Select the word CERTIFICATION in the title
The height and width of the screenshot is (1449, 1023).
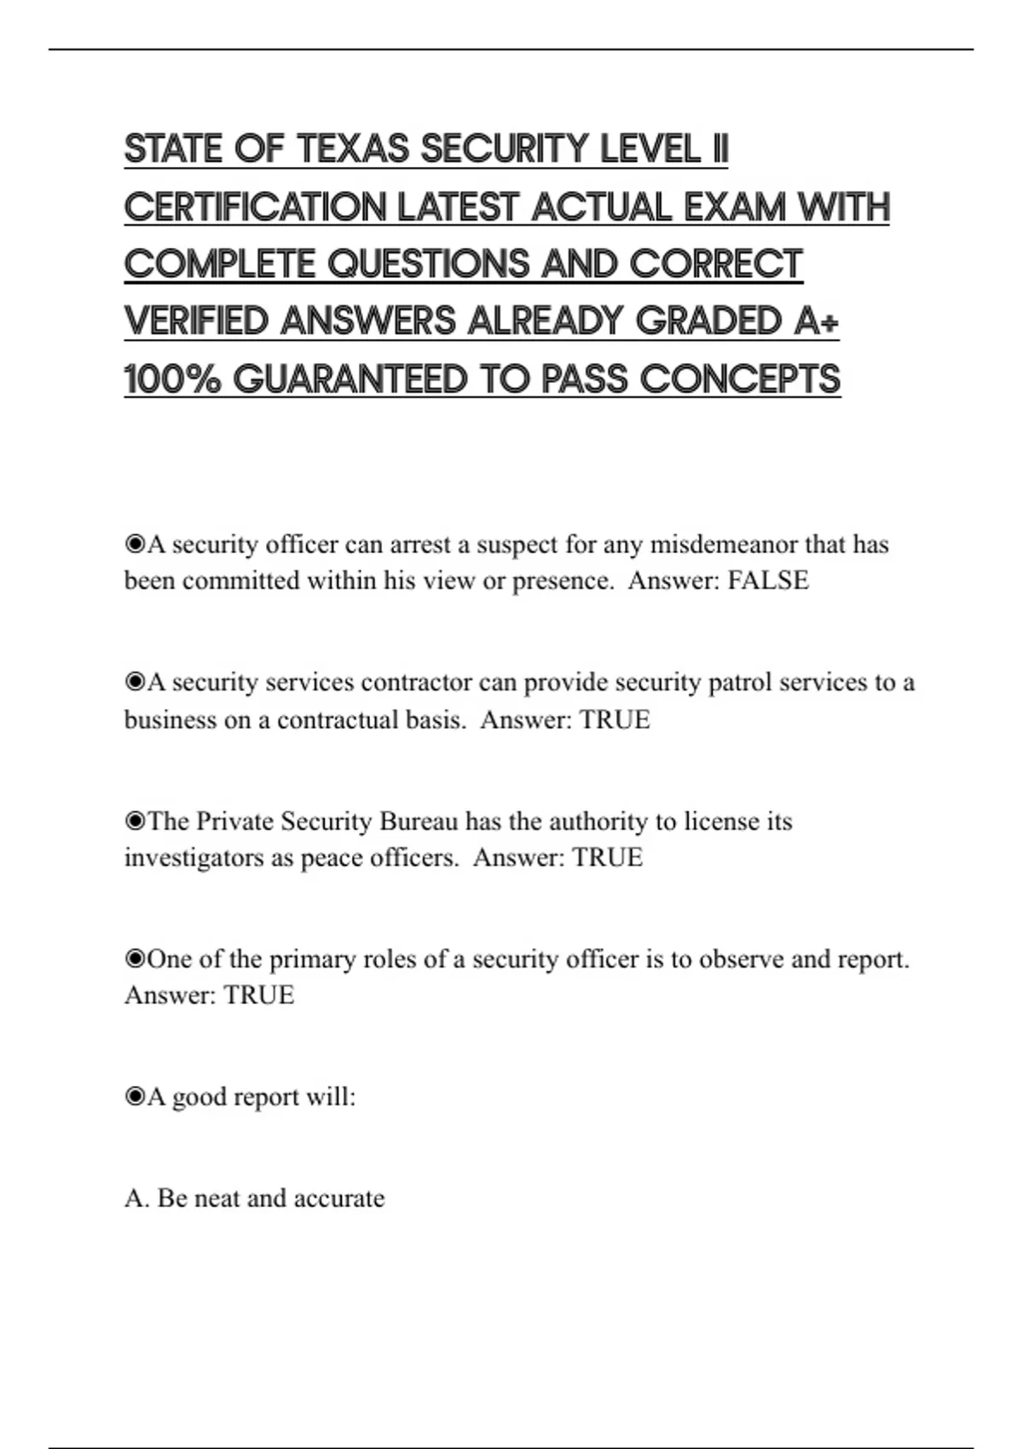point(255,207)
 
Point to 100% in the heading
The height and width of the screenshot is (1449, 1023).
point(171,379)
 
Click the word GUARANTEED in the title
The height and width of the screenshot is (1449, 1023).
point(350,379)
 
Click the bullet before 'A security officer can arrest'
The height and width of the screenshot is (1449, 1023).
point(135,544)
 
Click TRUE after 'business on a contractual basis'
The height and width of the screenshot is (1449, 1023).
point(614,720)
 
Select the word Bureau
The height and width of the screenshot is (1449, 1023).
point(419,822)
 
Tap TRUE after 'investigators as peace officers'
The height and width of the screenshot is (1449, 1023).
point(607,857)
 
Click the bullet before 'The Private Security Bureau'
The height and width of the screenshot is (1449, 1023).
point(135,822)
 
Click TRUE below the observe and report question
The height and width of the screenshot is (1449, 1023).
point(258,996)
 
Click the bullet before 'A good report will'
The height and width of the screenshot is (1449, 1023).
point(135,1097)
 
